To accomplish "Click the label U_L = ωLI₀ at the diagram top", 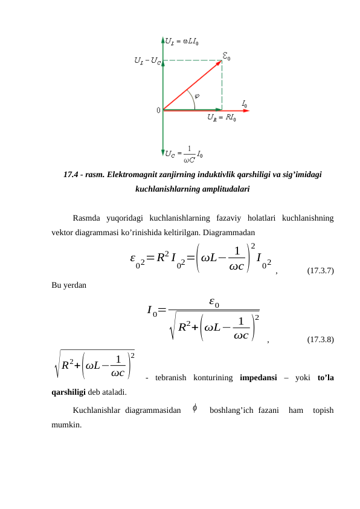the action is [184, 42].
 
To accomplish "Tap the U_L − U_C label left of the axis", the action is [147, 61].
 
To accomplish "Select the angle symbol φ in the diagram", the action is [197, 94].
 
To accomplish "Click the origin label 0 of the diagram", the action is [158, 110].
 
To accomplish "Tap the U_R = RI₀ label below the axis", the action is [222, 118].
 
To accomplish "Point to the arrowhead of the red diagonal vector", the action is [220, 62].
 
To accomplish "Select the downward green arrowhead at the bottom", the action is [163, 152].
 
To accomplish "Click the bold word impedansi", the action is [258, 379].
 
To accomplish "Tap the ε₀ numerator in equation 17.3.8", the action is [213, 300].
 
